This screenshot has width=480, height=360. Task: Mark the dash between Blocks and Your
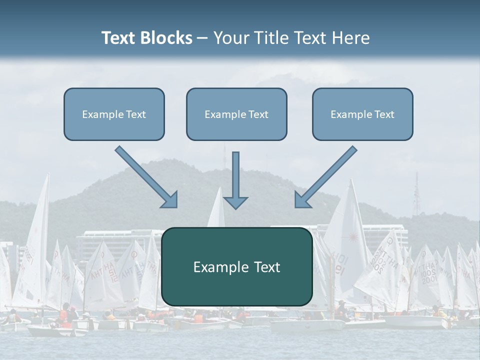tap(202, 38)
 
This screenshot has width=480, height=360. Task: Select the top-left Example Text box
tap(114, 114)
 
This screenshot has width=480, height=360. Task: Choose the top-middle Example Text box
tap(236, 114)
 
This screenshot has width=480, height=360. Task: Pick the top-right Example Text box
tap(362, 114)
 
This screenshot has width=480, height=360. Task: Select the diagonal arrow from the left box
tap(145, 176)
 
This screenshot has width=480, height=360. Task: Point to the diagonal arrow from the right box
tap(327, 176)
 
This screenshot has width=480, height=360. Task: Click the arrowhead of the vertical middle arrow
tap(235, 202)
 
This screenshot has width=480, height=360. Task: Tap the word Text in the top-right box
tap(384, 114)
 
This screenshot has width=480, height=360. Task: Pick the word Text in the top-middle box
tap(258, 114)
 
